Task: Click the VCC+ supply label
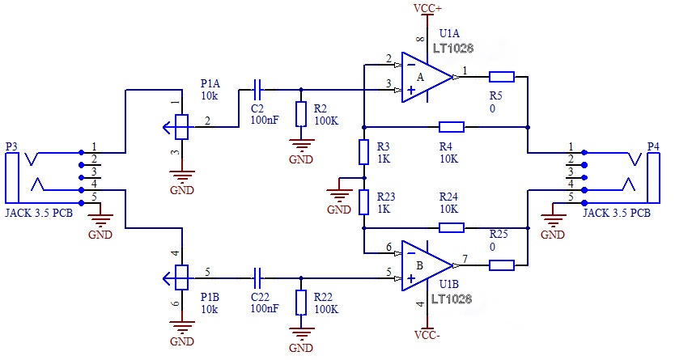[427, 8]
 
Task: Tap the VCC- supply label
[427, 333]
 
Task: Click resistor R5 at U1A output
[502, 77]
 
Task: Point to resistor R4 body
[451, 126]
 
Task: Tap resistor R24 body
[451, 228]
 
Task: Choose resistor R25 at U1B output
[502, 264]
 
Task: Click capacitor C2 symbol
[257, 88]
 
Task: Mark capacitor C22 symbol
[257, 278]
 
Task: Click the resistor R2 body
[301, 114]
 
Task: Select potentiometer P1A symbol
[181, 125]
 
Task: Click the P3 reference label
[11, 146]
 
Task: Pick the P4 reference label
[654, 146]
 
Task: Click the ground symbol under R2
[301, 146]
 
